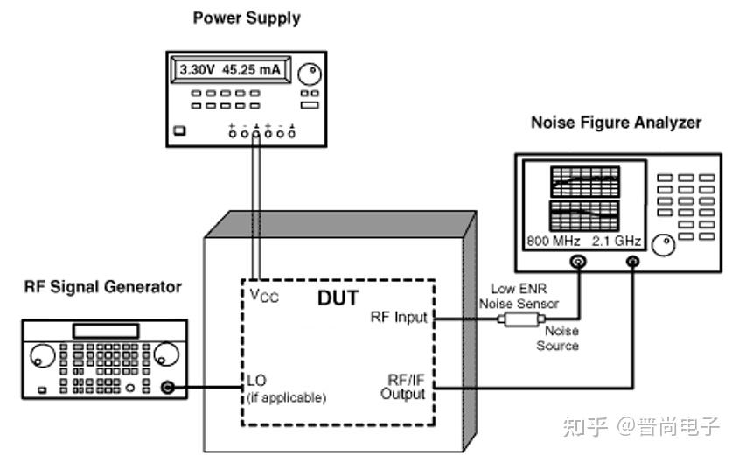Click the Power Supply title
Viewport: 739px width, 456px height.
pyautogui.click(x=247, y=18)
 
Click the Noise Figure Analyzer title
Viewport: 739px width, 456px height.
pyautogui.click(x=616, y=123)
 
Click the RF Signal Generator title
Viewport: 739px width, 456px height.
pyautogui.click(x=102, y=286)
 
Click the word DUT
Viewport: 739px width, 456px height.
pyautogui.click(x=338, y=298)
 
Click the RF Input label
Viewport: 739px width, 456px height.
pyautogui.click(x=400, y=317)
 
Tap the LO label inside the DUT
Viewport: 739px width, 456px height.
pyautogui.click(x=257, y=382)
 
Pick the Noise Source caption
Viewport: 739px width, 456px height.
pyautogui.click(x=557, y=339)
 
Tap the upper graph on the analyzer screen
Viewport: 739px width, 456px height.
pyautogui.click(x=583, y=182)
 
